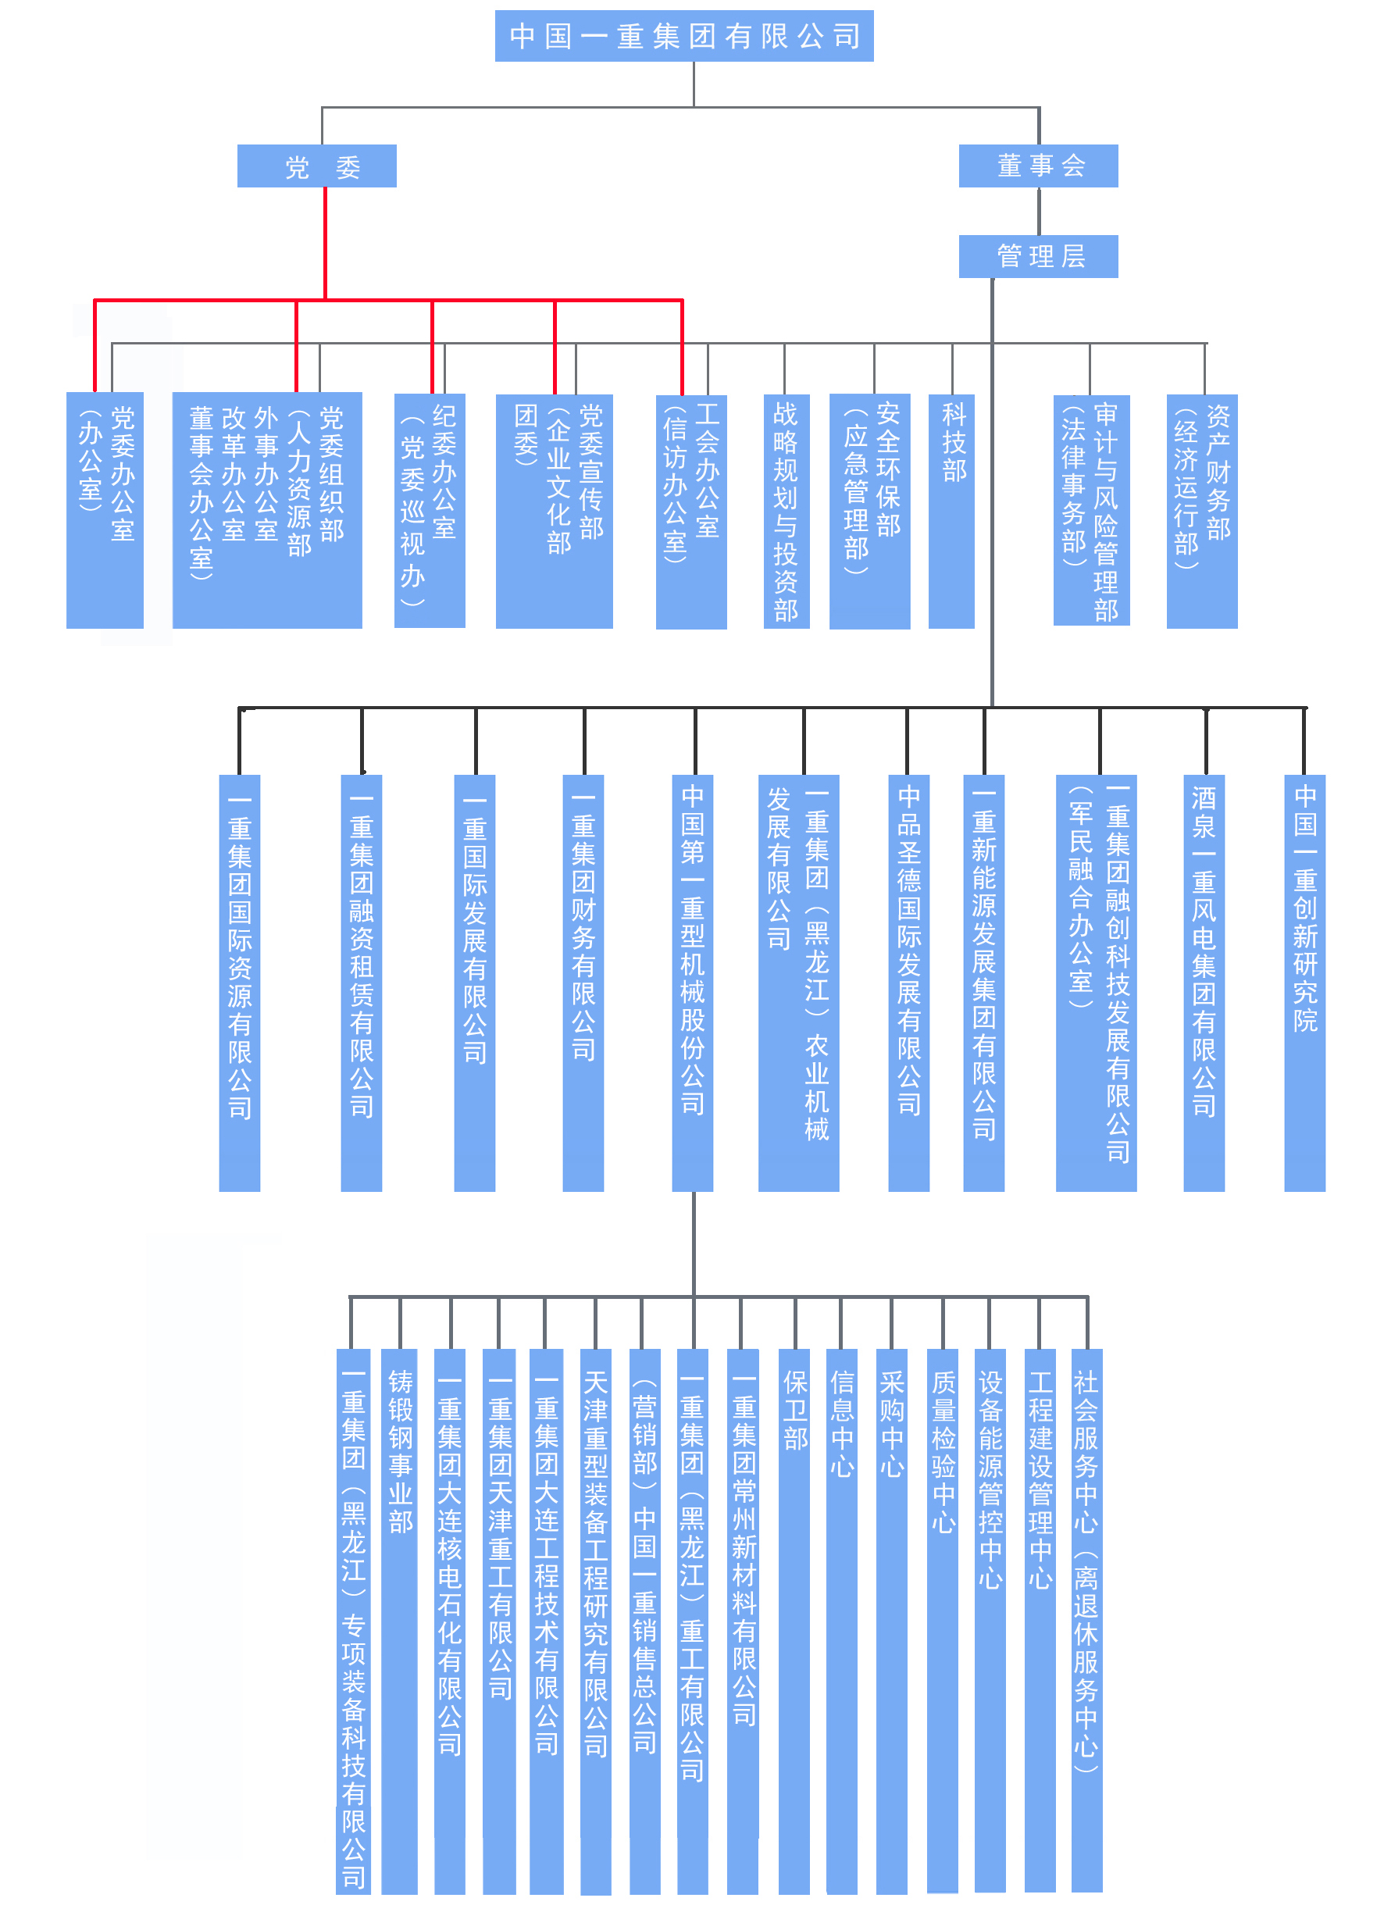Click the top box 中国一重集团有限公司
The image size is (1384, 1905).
(x=683, y=36)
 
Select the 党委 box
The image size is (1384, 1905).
(x=316, y=166)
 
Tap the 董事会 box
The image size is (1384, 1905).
(x=1038, y=166)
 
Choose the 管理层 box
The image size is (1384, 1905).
(x=1038, y=256)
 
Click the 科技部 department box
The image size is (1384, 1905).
(x=951, y=511)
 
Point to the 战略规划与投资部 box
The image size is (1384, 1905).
(x=786, y=511)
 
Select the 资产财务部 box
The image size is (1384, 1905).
(x=1202, y=511)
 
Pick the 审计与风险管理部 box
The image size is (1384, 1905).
(x=1091, y=511)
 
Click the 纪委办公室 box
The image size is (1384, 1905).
(x=430, y=511)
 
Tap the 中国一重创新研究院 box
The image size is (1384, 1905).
(x=1304, y=983)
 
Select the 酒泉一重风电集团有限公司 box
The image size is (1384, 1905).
(x=1204, y=983)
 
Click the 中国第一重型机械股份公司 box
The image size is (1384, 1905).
(x=693, y=983)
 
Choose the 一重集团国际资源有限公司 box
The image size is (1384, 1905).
(x=239, y=983)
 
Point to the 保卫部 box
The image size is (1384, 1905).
(x=794, y=1621)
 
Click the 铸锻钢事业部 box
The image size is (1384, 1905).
(x=400, y=1621)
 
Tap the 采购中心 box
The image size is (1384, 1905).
(x=891, y=1621)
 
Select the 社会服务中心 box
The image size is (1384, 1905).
(x=1086, y=1621)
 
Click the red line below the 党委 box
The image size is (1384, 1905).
(x=325, y=244)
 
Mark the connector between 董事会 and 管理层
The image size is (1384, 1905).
(x=1039, y=211)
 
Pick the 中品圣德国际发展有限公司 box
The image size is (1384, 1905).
(x=908, y=983)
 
